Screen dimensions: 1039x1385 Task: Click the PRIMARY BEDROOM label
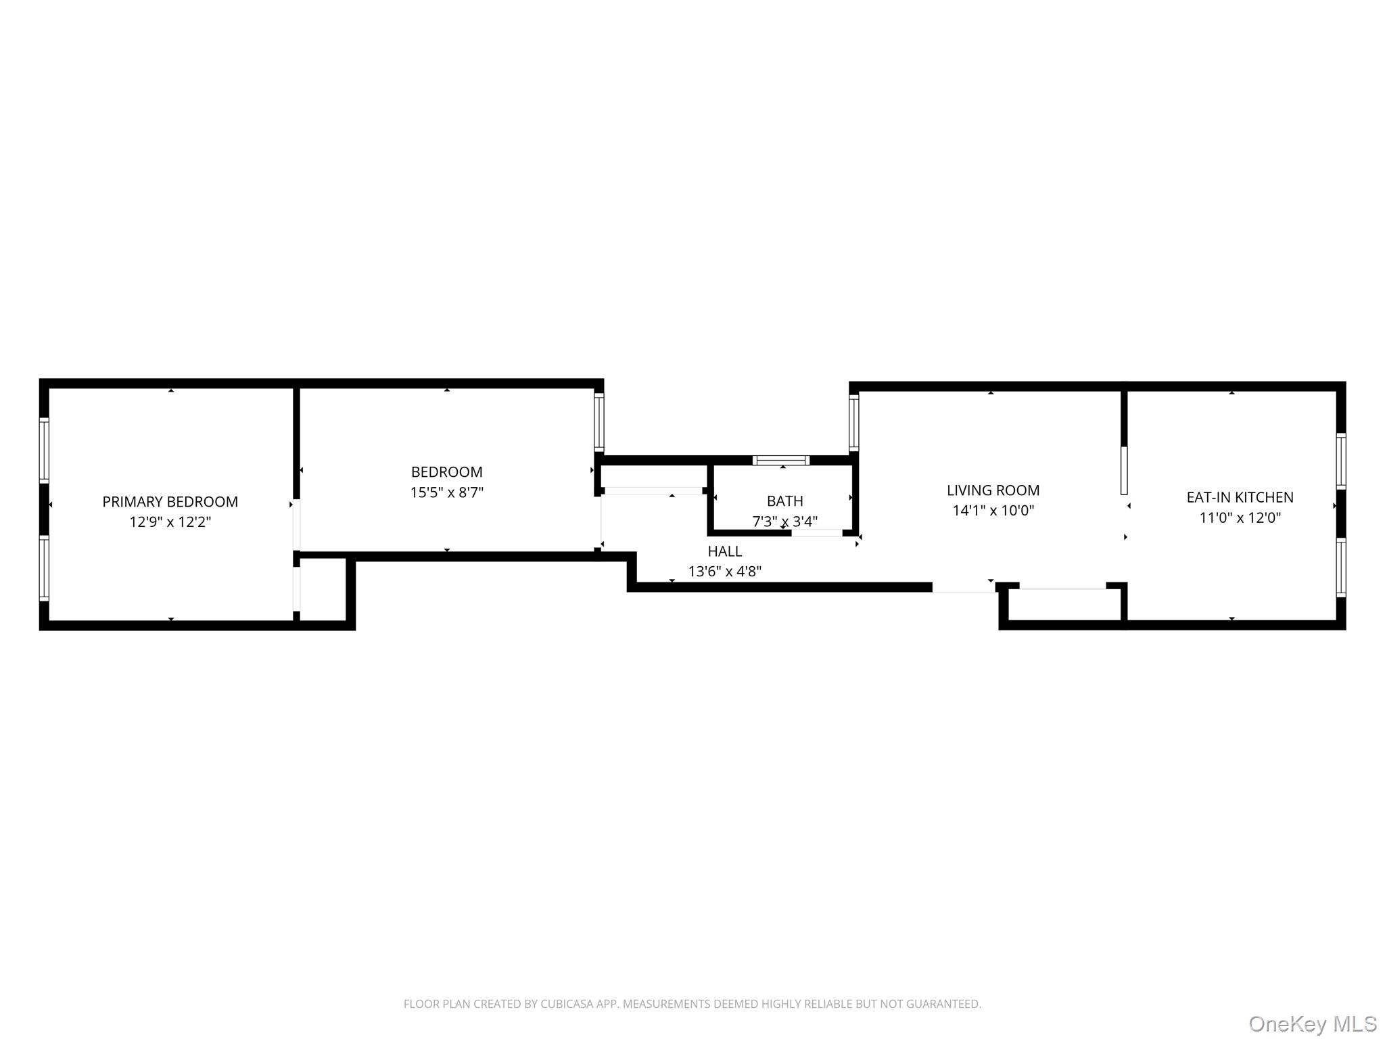point(170,502)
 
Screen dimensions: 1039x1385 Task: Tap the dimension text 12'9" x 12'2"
point(170,522)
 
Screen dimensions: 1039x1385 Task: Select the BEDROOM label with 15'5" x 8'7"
point(446,472)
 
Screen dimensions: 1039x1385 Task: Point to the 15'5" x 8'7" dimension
point(446,492)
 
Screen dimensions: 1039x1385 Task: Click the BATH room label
point(784,501)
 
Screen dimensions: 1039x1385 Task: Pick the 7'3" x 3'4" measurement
point(784,522)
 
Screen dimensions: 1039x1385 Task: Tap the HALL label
point(724,551)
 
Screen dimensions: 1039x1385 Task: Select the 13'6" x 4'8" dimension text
point(724,572)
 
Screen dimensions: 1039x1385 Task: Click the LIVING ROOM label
point(993,490)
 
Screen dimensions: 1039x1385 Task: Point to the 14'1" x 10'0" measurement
point(993,511)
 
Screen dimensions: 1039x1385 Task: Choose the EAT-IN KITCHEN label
point(1240,497)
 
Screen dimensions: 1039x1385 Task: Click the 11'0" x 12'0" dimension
point(1240,518)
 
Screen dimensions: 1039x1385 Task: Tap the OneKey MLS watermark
point(1312,1023)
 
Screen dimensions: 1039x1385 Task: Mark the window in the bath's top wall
point(781,461)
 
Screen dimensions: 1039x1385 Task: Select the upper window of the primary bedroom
point(44,450)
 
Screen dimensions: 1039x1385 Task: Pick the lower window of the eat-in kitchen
point(1340,568)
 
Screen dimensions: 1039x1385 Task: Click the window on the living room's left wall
point(853,423)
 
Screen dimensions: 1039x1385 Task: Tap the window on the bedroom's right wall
point(598,422)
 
